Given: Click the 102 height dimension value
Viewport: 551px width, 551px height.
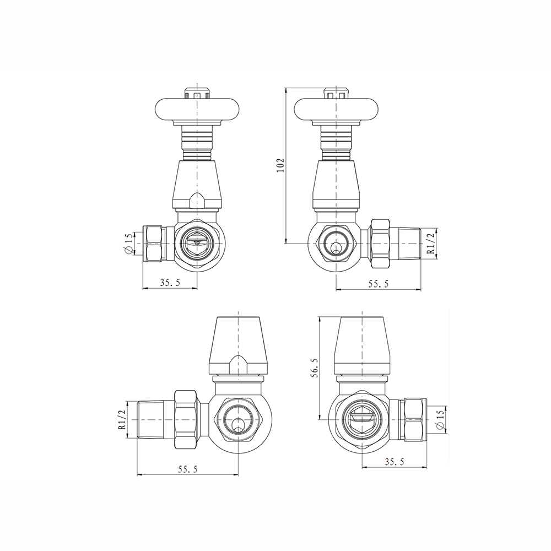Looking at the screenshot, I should [x=280, y=165].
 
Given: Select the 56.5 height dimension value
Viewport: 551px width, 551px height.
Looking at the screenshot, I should [x=314, y=368].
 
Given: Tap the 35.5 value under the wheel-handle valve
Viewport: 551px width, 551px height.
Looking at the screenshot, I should [x=170, y=283].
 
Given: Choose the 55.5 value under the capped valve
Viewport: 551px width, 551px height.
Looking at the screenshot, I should [x=187, y=468].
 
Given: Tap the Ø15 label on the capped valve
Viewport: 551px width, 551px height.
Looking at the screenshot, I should [x=439, y=420].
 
